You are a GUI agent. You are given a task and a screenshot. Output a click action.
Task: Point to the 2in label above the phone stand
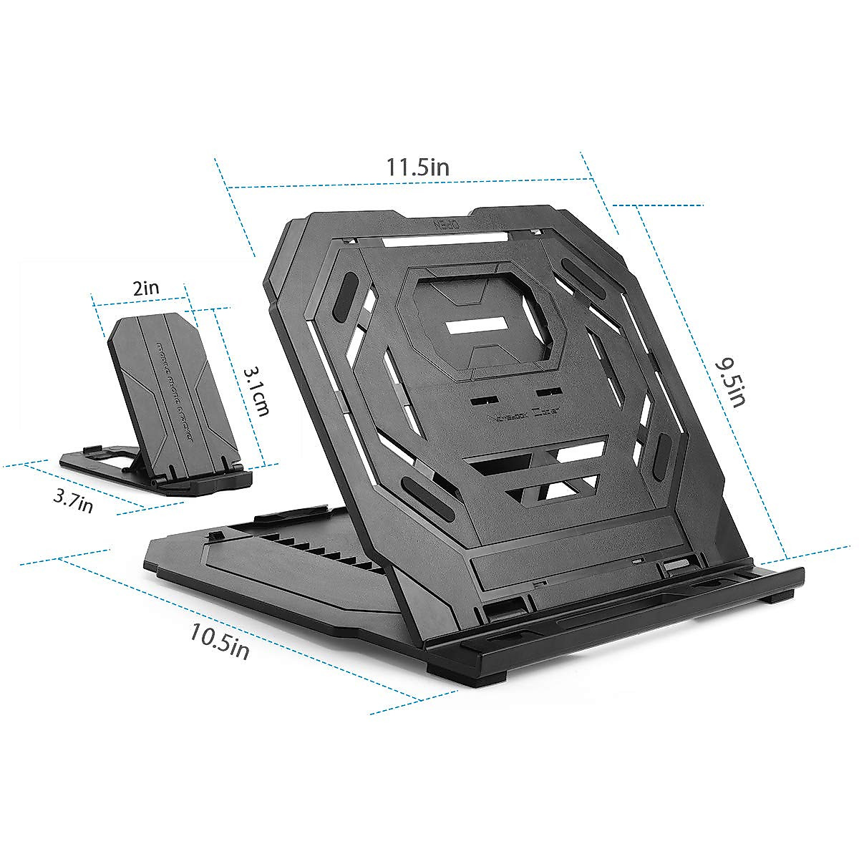147,288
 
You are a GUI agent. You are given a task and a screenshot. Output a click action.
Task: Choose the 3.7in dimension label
73,500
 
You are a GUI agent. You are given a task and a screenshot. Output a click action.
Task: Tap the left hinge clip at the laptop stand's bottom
503,610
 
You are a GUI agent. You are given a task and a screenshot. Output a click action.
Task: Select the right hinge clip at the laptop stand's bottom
675,566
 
